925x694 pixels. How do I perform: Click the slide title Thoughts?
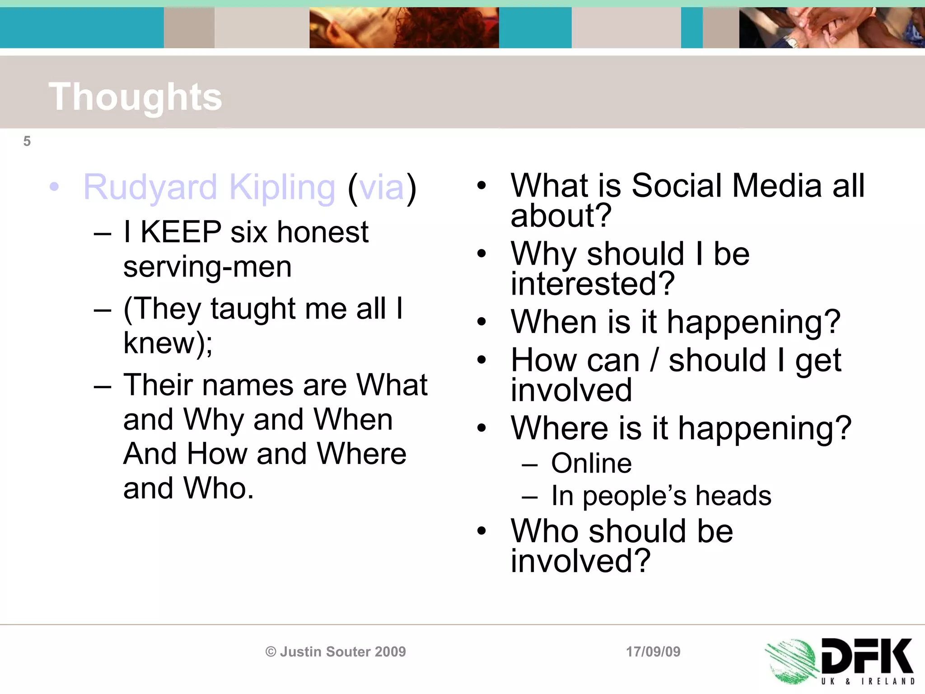pos(135,97)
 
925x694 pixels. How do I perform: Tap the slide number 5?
pos(27,141)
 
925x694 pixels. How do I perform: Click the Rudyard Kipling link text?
pos(209,187)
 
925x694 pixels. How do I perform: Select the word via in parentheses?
pos(382,187)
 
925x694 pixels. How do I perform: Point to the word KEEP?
pos(181,232)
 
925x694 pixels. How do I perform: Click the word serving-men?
pos(207,267)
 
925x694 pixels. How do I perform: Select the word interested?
pos(593,284)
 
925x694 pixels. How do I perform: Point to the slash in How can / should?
pos(654,361)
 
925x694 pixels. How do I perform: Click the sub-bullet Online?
pos(591,464)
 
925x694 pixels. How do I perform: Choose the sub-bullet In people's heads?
pos(661,496)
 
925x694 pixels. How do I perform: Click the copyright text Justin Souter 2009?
pos(336,652)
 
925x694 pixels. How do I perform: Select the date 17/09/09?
pos(653,652)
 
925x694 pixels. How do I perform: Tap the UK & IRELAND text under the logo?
pos(867,681)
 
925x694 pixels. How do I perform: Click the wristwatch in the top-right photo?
pos(791,42)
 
